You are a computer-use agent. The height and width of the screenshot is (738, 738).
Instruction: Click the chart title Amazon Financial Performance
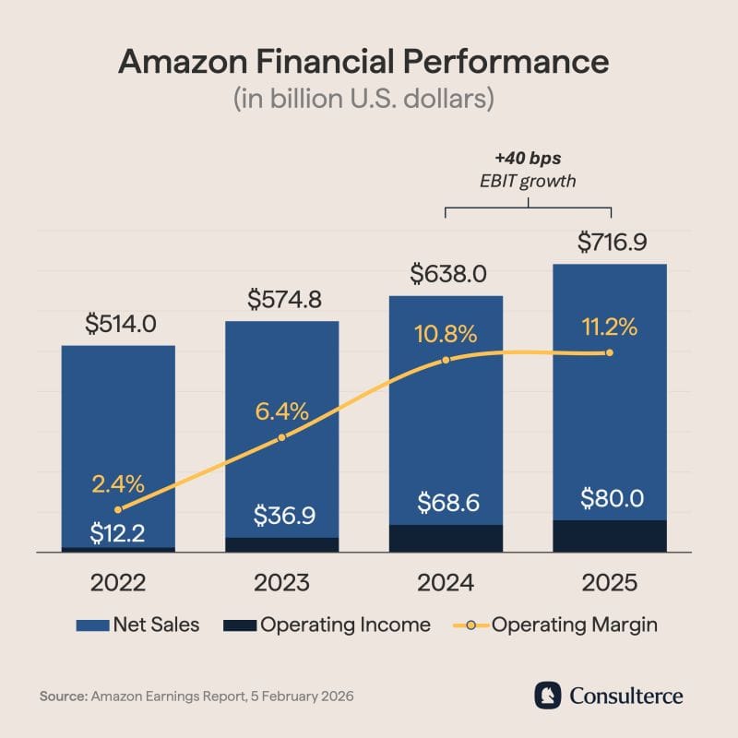[x=364, y=62]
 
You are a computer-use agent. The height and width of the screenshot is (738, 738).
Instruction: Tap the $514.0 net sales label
[x=120, y=325]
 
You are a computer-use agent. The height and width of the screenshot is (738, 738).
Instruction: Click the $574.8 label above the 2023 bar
[x=282, y=300]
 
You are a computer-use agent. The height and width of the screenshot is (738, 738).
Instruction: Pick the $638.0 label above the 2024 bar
[x=446, y=274]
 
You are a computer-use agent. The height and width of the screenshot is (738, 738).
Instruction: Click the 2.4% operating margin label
[x=118, y=483]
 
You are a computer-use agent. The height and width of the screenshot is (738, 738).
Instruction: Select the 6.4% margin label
[x=281, y=411]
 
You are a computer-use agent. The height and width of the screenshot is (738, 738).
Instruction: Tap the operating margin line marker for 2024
[x=446, y=360]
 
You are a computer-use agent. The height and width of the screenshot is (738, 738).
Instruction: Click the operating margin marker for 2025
[x=609, y=352]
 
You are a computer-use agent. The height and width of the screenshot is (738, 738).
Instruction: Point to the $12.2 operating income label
[x=117, y=531]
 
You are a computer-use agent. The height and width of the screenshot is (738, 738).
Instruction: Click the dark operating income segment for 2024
[x=446, y=538]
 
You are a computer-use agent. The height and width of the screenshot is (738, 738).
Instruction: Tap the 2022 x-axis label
[x=118, y=583]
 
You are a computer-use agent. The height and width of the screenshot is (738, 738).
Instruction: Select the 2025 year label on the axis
[x=609, y=583]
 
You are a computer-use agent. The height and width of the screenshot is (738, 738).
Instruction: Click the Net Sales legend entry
[x=138, y=625]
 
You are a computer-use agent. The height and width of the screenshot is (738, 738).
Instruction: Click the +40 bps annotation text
[x=528, y=158]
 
